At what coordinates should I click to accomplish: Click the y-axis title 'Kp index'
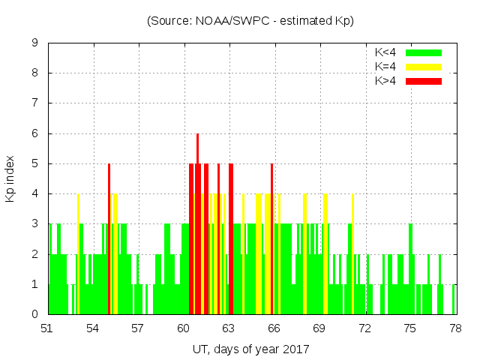point(10,179)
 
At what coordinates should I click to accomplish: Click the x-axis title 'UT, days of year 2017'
point(250,349)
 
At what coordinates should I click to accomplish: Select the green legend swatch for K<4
point(424,52)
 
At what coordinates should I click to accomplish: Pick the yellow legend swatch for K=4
point(424,67)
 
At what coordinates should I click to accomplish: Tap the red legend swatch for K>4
point(424,80)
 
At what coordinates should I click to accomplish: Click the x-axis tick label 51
point(47,328)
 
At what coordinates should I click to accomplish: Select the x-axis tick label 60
point(183,328)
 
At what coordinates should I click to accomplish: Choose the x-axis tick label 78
point(454,328)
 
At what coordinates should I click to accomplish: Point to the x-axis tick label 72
point(364,328)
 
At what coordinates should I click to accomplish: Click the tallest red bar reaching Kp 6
point(198,225)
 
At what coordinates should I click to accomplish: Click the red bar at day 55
point(109,240)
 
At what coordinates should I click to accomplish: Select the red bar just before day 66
point(271,240)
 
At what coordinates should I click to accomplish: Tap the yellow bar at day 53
point(78,255)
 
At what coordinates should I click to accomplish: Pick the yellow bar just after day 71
point(352,255)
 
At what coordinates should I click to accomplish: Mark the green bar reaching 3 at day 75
point(410,270)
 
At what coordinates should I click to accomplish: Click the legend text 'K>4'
point(385,80)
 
